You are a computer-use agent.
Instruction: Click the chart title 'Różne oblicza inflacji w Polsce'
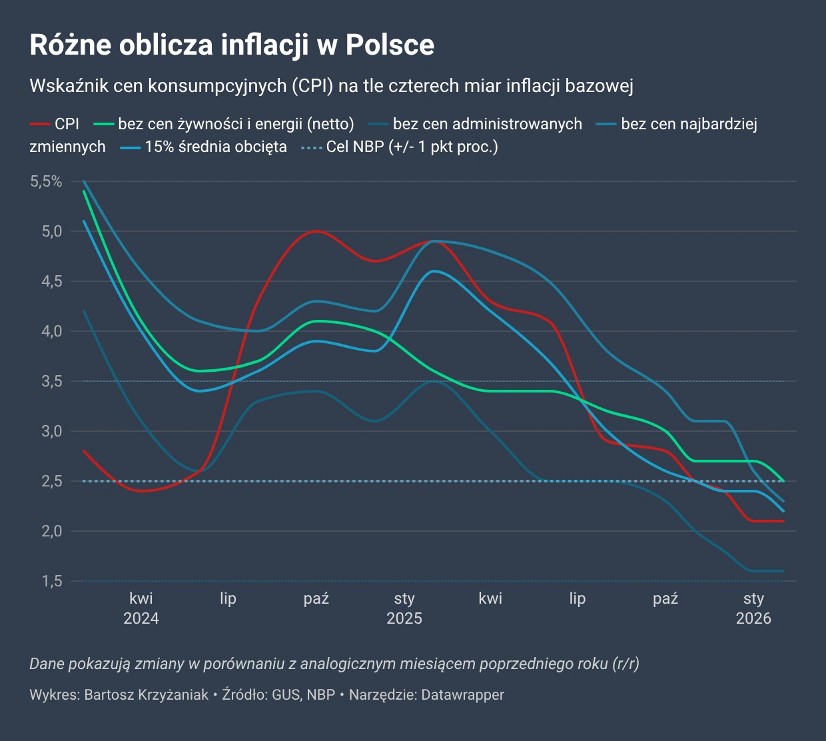point(232,45)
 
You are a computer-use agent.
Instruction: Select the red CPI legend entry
point(55,124)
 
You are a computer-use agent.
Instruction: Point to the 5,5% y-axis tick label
point(46,181)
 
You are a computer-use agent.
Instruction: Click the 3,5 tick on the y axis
point(52,381)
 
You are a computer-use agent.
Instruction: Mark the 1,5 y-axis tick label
point(52,581)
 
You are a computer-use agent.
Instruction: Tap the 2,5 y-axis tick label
point(52,481)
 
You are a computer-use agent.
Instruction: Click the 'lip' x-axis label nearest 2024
point(228,598)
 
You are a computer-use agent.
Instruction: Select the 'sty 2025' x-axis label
point(404,608)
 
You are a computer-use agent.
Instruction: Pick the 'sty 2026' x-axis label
point(753,608)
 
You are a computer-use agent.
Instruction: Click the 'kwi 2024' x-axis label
point(141,608)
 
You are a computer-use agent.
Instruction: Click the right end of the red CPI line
point(783,521)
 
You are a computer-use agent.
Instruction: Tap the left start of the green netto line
point(84,191)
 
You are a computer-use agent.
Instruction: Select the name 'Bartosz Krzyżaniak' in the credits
point(147,695)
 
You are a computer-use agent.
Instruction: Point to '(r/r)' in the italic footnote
point(625,664)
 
